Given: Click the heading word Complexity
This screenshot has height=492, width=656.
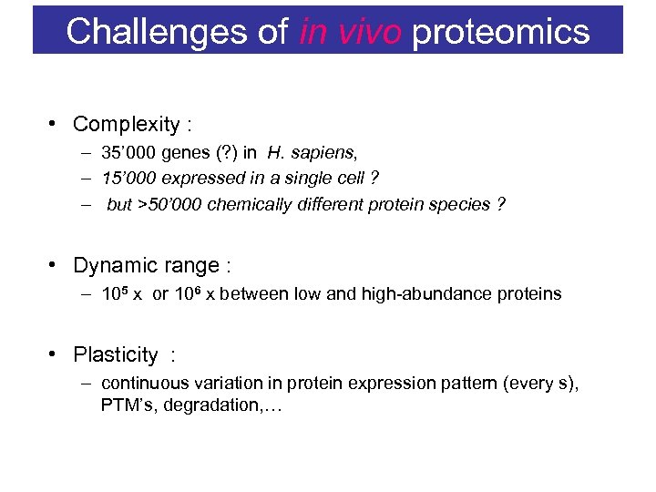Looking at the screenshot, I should [126, 124].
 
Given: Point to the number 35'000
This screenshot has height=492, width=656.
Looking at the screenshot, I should [128, 152].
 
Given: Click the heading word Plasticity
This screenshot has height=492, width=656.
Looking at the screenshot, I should [115, 354].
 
